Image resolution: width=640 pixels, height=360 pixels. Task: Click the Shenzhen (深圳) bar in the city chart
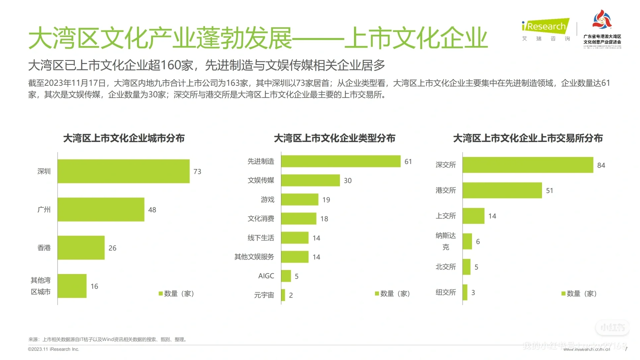123,171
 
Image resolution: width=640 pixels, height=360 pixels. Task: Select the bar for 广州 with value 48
101,210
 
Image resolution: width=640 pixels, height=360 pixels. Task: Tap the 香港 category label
44,248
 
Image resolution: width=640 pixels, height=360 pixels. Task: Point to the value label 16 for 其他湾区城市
94,286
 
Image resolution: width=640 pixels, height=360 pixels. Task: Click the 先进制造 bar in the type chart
341,161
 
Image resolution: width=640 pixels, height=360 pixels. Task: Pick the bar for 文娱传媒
310,180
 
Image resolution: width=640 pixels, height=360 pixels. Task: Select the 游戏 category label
267,200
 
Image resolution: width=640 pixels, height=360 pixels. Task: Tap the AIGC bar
286,276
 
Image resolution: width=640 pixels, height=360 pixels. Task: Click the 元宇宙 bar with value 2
283,295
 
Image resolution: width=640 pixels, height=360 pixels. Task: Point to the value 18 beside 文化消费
324,219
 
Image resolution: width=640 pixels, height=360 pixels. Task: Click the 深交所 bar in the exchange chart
528,165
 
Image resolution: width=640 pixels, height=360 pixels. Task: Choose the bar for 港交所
502,190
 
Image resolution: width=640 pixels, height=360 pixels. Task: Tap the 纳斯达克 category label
446,241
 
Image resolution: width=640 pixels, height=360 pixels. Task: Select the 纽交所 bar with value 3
465,292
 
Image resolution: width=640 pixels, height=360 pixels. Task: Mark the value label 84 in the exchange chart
601,165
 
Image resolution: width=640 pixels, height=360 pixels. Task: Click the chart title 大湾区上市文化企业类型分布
334,138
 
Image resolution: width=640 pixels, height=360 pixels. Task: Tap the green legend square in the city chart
161,294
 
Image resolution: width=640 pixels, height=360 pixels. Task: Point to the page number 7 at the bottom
626,349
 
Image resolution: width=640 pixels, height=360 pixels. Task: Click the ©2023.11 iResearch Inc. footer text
54,349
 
